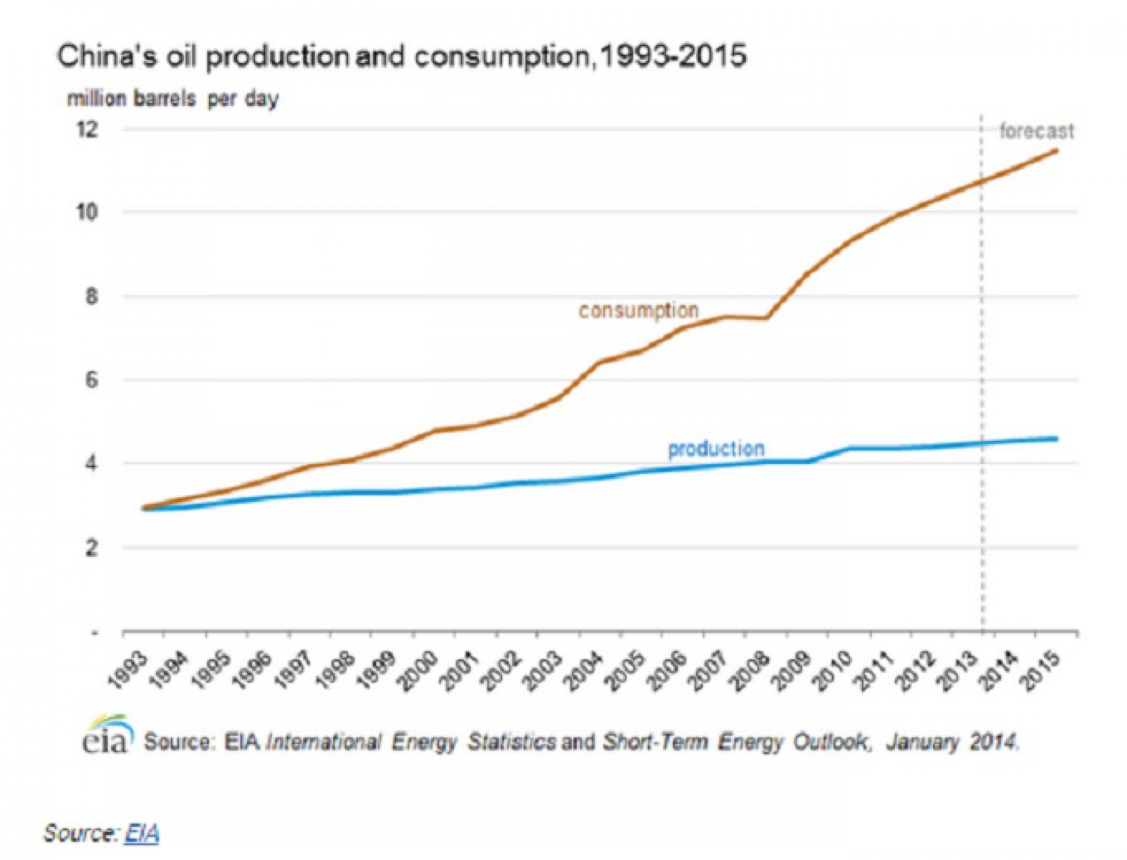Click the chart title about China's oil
coord(401,57)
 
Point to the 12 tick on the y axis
coord(86,129)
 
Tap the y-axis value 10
coord(86,212)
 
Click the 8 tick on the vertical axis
coord(91,297)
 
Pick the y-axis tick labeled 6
coord(91,380)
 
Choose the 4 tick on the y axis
coord(91,464)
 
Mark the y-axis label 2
coord(91,548)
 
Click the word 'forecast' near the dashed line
coord(1037,132)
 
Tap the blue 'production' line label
coord(716,449)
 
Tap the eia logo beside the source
coord(108,737)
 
